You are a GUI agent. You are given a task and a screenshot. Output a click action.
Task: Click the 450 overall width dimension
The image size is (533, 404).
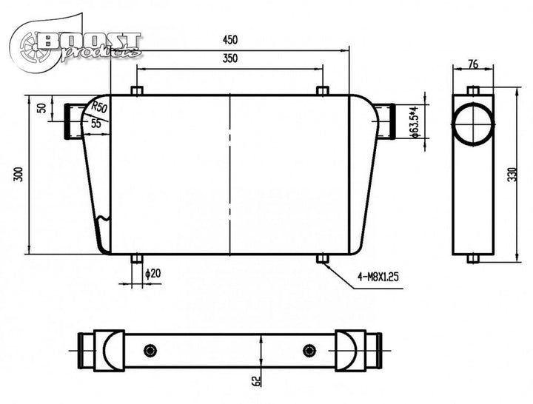[x=230, y=40]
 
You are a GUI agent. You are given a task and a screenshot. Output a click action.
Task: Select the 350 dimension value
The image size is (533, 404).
[x=230, y=58]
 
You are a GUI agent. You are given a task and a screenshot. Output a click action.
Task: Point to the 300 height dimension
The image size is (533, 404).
[x=19, y=175]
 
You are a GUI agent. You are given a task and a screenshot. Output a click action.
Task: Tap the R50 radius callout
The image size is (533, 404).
[x=99, y=107]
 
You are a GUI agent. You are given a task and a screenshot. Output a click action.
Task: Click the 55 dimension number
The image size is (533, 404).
[x=96, y=124]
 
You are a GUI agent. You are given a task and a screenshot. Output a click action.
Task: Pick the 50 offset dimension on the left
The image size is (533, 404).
[x=41, y=108]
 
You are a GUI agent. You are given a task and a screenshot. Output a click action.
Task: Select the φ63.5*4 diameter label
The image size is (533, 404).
[x=414, y=121]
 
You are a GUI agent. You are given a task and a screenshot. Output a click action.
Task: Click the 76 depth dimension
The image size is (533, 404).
[x=473, y=64]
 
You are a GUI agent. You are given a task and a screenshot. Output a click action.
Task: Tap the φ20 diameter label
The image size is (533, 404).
[x=153, y=273]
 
